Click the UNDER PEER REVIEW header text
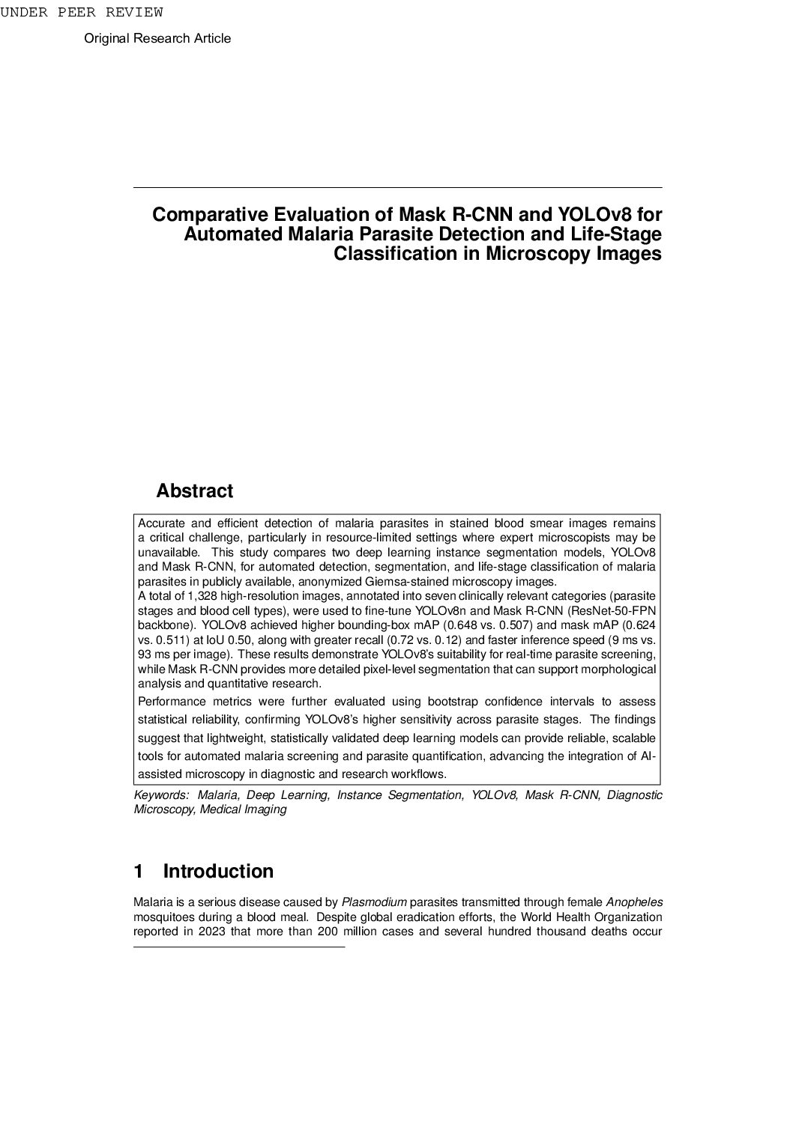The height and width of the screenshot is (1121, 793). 81,12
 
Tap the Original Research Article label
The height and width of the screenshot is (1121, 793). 157,38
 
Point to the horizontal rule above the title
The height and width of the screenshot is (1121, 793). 397,187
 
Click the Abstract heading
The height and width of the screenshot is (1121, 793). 194,491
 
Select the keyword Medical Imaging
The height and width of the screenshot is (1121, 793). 243,809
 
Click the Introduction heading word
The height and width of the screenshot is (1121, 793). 218,872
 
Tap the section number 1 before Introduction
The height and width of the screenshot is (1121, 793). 139,872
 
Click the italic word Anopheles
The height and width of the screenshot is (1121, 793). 634,902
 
